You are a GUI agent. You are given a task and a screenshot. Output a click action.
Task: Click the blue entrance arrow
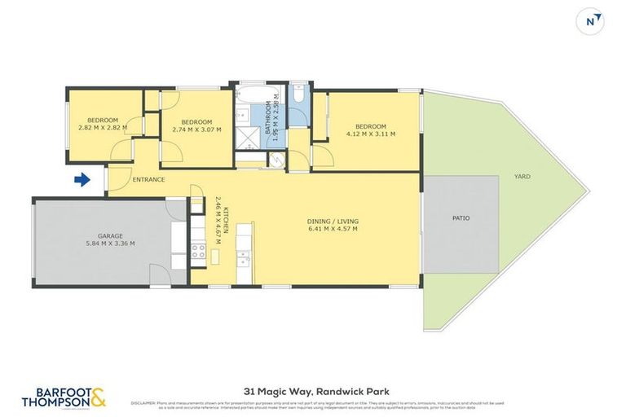(x=82, y=179)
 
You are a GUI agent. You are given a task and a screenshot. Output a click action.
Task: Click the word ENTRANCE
(x=148, y=179)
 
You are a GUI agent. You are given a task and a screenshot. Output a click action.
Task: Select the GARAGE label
(x=111, y=235)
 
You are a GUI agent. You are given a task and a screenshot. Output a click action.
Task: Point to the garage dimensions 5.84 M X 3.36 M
(x=111, y=244)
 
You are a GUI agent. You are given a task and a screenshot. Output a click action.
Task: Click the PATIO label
(x=461, y=217)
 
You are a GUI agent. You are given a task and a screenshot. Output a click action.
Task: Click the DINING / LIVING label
(x=333, y=221)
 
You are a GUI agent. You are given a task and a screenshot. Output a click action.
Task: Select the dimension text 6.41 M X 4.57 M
(x=333, y=229)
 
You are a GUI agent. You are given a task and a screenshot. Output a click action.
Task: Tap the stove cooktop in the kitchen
(x=198, y=250)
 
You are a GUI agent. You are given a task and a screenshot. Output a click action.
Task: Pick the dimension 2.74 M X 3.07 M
(x=197, y=129)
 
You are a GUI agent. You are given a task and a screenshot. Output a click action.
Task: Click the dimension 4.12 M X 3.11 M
(x=371, y=134)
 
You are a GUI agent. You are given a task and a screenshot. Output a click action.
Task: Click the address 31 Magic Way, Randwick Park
(x=312, y=389)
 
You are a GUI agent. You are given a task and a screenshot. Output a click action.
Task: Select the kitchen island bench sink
(x=243, y=259)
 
